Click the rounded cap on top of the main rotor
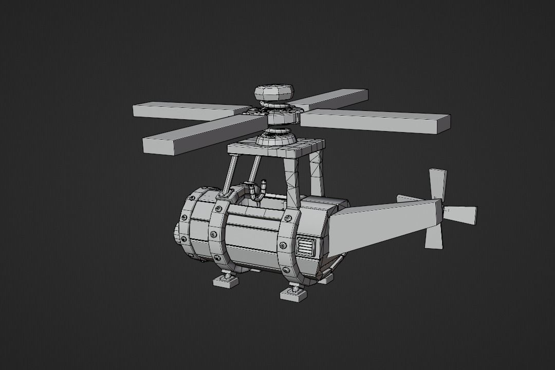click(x=274, y=93)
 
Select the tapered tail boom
click(x=383, y=224)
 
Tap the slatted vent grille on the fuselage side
click(x=306, y=247)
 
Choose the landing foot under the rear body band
click(x=294, y=294)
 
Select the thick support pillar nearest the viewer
click(x=291, y=180)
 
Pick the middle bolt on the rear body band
click(x=282, y=245)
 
